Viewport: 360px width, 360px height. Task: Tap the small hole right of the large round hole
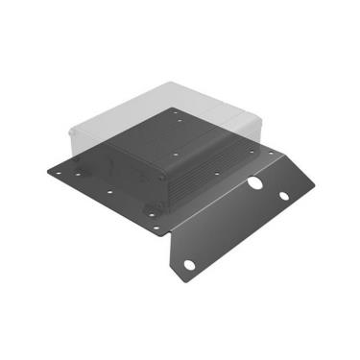point(284,196)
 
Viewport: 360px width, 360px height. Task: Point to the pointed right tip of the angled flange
point(317,186)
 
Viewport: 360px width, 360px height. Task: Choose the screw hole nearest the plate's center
point(177,154)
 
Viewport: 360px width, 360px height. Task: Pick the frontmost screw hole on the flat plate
point(156,228)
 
